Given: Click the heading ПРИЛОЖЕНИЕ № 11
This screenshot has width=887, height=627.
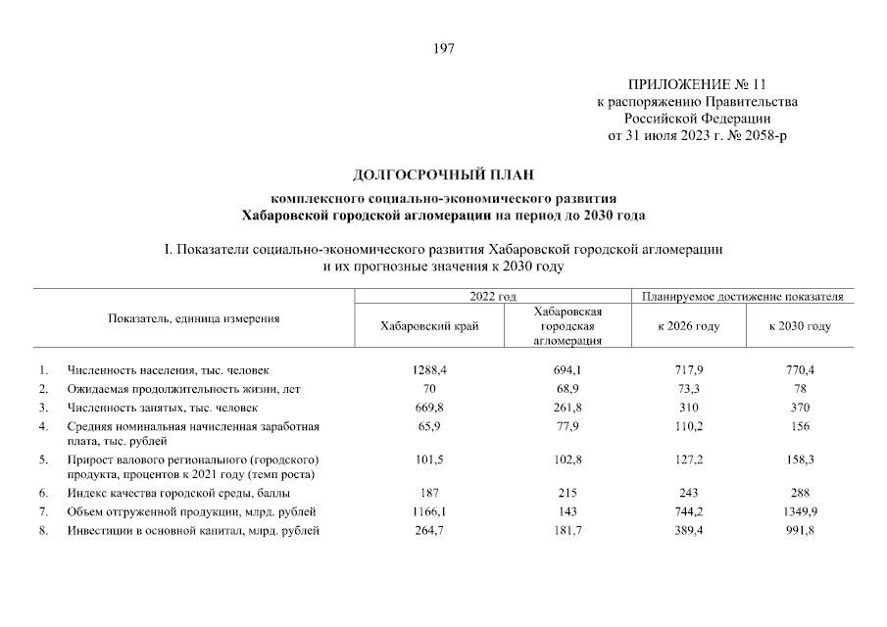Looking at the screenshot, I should pos(697,85).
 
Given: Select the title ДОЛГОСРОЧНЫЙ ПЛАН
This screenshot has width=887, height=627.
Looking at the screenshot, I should pos(443,176).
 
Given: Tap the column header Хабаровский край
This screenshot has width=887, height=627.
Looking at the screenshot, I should pos(428,326).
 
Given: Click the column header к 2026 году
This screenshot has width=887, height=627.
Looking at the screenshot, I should pos(688,326).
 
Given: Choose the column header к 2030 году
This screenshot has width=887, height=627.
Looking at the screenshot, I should pos(801,326).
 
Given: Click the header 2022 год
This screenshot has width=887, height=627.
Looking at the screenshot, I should pos(492,296).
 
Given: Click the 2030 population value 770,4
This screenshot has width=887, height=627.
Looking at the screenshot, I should pos(801,370).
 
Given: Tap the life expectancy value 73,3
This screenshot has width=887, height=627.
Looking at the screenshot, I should pos(688,389).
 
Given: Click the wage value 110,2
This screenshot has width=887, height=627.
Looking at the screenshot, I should pos(688,427).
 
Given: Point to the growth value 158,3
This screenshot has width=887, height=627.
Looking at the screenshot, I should pos(801,458).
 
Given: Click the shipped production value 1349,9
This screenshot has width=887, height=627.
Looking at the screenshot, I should pos(801,512).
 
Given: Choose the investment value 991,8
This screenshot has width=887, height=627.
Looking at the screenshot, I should pos(801,532).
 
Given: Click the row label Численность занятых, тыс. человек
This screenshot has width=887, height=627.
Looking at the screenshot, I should pos(162,408).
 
